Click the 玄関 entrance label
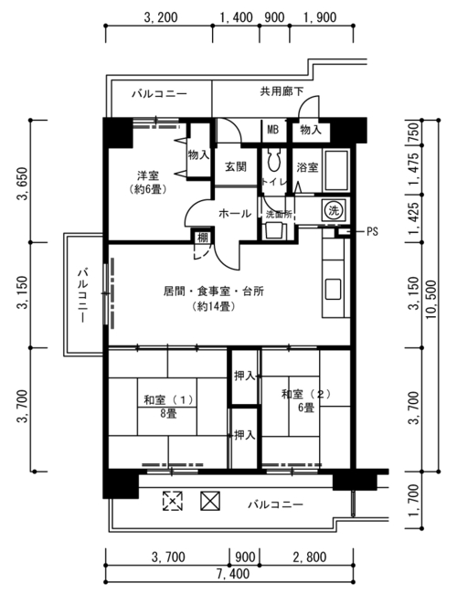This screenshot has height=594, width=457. coord(236,166)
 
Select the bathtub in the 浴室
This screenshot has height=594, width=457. coord(335,171)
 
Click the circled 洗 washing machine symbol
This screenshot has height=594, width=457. coord(333,210)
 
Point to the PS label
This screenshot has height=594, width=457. coord(372,231)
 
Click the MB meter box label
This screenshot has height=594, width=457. coord(273,130)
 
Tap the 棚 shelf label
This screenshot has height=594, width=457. coord(203,238)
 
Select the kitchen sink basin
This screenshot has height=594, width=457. coord(333,289)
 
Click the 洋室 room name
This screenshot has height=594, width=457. coord(148,175)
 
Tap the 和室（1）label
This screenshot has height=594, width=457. coord(168,400)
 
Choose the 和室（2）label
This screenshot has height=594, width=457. coord(306,395)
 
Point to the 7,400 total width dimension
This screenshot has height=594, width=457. coord(233,574)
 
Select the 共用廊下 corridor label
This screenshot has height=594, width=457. coord(282,91)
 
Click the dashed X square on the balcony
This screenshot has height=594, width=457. coord(173,501)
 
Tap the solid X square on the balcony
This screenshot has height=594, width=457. coord(210,501)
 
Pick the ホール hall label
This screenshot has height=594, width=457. coord(235,214)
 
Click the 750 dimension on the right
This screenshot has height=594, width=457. coord(414,131)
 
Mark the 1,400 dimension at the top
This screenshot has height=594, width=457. coord(237,17)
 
